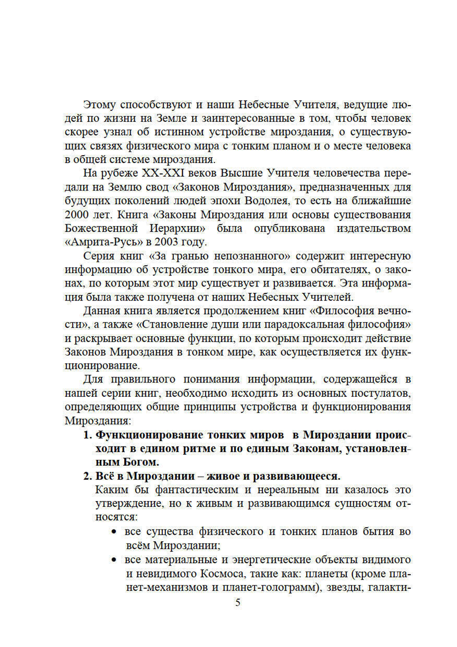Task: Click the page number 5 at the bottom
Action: pos(238,602)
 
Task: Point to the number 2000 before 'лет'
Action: pos(77,215)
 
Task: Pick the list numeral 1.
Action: pos(87,434)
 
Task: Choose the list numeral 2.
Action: pos(87,476)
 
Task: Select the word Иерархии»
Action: pos(177,228)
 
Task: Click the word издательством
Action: pos(374,228)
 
